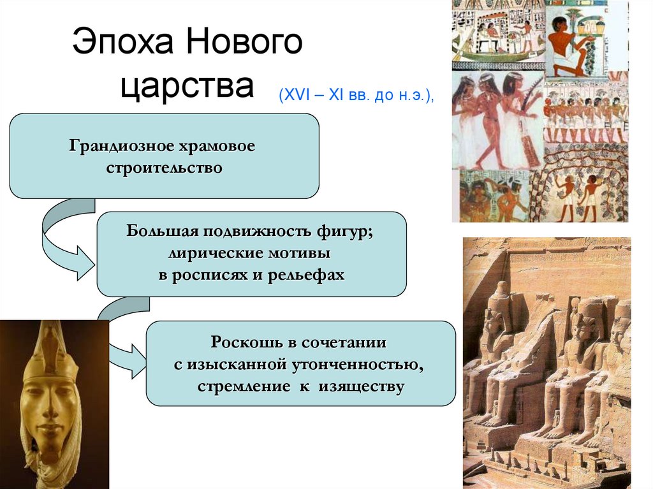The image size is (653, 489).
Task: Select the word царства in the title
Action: [187, 87]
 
